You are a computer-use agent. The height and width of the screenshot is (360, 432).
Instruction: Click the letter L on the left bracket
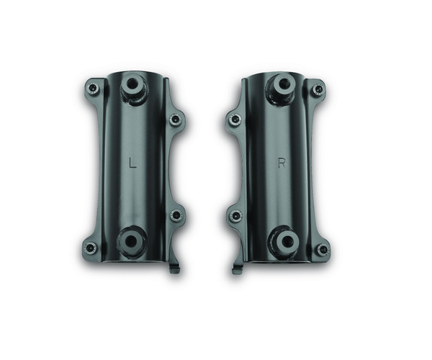point(131,163)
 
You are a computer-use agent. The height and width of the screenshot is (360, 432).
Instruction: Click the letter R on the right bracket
point(282,163)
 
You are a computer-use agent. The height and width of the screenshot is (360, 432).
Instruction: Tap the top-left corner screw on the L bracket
point(92,88)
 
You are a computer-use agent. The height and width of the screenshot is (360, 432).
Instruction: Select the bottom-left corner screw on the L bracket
point(90,248)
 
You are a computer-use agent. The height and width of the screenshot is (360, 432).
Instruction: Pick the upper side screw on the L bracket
point(175,120)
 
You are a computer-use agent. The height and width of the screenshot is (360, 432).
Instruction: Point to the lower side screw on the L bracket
point(175,215)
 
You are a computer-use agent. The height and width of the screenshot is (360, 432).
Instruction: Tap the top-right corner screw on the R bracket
point(318,89)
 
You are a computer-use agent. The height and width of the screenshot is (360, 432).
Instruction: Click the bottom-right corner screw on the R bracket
point(322,249)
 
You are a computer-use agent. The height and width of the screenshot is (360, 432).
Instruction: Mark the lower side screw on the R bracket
point(235,215)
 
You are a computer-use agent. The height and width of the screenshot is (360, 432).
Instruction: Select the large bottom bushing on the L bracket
point(131,241)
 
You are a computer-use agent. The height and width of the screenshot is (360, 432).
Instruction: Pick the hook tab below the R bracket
point(237,269)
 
